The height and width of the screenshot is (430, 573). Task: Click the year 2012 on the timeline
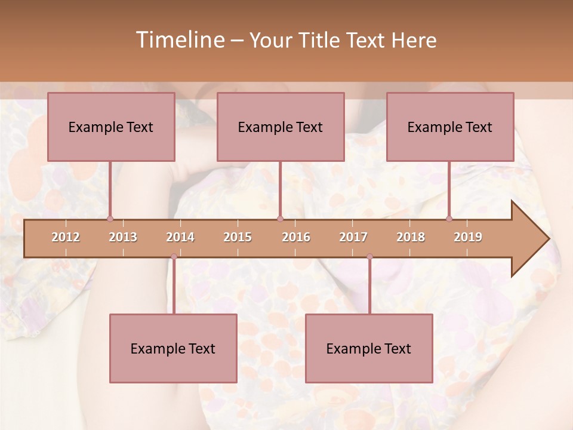pyautogui.click(x=66, y=237)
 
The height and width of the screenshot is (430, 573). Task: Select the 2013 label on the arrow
pyautogui.click(x=123, y=237)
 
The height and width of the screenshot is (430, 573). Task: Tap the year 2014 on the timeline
pyautogui.click(x=180, y=237)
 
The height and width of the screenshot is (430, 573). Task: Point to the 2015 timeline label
pyautogui.click(x=238, y=237)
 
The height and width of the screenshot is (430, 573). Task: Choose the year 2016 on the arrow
pyautogui.click(x=296, y=237)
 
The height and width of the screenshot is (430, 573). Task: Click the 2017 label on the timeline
pyautogui.click(x=353, y=237)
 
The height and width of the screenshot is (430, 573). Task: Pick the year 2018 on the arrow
pyautogui.click(x=411, y=237)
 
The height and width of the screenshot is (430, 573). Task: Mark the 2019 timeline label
pyautogui.click(x=468, y=237)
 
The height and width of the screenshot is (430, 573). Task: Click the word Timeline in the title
pyautogui.click(x=179, y=40)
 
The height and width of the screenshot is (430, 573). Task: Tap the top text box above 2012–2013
pyautogui.click(x=111, y=127)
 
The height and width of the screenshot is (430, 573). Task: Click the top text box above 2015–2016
pyautogui.click(x=281, y=127)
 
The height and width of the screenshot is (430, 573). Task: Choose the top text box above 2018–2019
pyautogui.click(x=450, y=127)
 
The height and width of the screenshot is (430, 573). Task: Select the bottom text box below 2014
pyautogui.click(x=173, y=348)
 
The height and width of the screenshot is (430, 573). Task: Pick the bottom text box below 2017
pyautogui.click(x=369, y=348)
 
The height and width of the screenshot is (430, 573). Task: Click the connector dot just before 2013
pyautogui.click(x=110, y=219)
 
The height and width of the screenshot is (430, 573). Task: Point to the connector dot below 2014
pyautogui.click(x=174, y=257)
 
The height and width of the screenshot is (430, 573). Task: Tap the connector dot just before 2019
pyautogui.click(x=449, y=219)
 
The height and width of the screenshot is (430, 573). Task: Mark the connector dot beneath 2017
pyautogui.click(x=369, y=257)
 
